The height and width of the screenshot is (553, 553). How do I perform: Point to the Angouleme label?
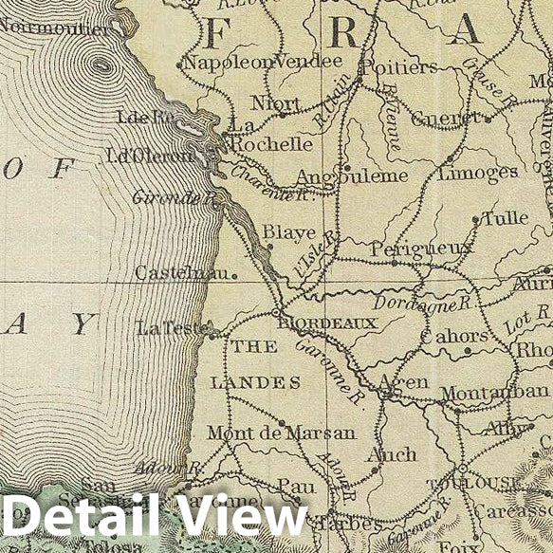pyautogui.click(x=352, y=176)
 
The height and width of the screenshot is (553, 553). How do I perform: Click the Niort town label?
pyautogui.click(x=276, y=102)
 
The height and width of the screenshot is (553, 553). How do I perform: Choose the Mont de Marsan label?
pyautogui.click(x=281, y=433)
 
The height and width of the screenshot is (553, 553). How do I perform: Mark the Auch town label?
pyautogui.click(x=391, y=454)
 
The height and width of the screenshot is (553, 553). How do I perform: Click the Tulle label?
pyautogui.click(x=505, y=218)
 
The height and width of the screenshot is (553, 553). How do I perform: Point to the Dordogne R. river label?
pyautogui.click(x=422, y=304)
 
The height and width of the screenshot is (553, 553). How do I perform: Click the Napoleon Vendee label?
pyautogui.click(x=261, y=62)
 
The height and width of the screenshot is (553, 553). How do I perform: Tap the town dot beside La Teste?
pyautogui.click(x=210, y=333)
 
